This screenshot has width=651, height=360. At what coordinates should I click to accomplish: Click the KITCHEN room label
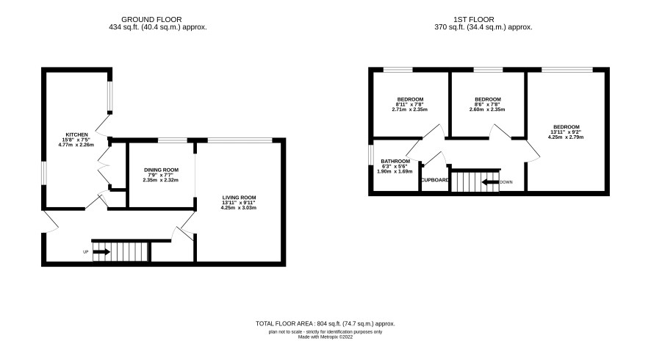pyautogui.click(x=77, y=134)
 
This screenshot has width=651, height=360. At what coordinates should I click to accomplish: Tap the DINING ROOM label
pyautogui.click(x=161, y=170)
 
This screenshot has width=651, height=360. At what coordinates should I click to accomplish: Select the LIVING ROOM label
pyautogui.click(x=239, y=198)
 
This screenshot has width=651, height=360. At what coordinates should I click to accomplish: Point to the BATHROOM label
pyautogui.click(x=395, y=161)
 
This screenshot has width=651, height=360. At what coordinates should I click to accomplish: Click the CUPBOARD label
pyautogui.click(x=435, y=180)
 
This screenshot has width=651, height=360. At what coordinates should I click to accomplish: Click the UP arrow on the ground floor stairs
pyautogui.click(x=101, y=251)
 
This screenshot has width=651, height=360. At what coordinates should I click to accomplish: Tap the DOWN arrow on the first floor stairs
pyautogui.click(x=490, y=182)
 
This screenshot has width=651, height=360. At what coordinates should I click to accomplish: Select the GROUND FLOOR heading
pyautogui.click(x=151, y=20)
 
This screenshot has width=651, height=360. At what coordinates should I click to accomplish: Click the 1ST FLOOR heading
pyautogui.click(x=474, y=20)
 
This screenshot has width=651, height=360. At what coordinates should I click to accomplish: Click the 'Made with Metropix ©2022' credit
pyautogui.click(x=325, y=337)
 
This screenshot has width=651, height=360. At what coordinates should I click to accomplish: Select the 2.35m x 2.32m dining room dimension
pyautogui.click(x=160, y=180)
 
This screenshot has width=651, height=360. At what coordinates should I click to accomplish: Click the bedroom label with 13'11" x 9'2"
pyautogui.click(x=567, y=127)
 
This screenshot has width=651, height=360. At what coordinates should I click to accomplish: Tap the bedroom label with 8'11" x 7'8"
pyautogui.click(x=410, y=99)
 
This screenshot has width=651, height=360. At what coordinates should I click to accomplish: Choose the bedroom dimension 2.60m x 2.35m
pyautogui.click(x=487, y=109)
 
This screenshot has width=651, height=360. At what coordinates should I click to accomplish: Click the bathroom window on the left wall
pyautogui.click(x=371, y=155)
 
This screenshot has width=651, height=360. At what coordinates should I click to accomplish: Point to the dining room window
pyautogui.click(x=172, y=140)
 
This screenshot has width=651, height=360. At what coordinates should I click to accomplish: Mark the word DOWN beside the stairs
pyautogui.click(x=506, y=182)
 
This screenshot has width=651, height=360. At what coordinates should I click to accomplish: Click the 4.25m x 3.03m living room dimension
pyautogui.click(x=238, y=208)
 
